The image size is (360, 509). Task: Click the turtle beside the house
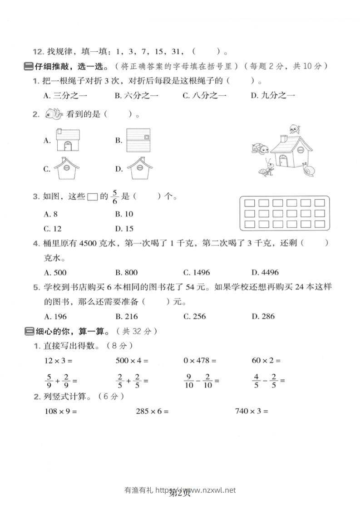[260, 148]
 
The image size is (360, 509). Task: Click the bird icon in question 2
[54, 114]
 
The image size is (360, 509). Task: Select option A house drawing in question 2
[67, 140]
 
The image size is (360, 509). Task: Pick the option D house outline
[138, 168]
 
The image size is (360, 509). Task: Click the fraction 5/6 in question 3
[115, 196]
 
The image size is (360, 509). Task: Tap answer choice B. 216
[126, 316]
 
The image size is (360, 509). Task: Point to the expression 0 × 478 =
[200, 361]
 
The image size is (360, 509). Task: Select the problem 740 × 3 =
[252, 411]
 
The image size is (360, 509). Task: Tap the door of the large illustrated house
[283, 160]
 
